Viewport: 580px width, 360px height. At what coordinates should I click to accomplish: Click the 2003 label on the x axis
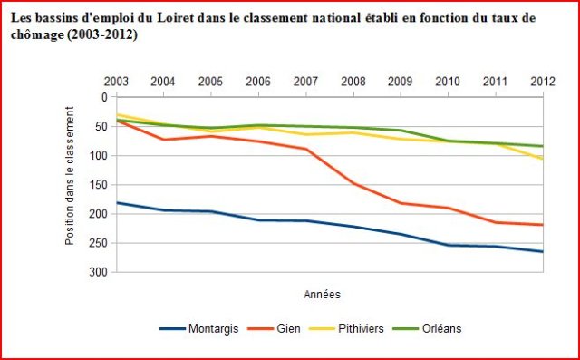click(x=116, y=82)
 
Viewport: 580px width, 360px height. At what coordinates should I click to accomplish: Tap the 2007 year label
click(x=305, y=82)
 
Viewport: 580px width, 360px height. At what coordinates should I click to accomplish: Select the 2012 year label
click(x=543, y=82)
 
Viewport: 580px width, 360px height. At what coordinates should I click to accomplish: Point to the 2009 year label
click(x=401, y=82)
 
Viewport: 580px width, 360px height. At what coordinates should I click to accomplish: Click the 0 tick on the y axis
click(x=104, y=97)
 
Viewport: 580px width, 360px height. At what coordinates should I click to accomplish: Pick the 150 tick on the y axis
click(x=98, y=185)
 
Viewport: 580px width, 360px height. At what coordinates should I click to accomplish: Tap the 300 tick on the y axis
click(x=98, y=273)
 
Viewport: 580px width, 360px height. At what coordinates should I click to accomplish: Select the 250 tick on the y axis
click(x=98, y=243)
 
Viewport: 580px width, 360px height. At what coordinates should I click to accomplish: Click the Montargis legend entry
click(x=199, y=328)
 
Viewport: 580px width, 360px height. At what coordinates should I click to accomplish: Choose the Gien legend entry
click(x=274, y=328)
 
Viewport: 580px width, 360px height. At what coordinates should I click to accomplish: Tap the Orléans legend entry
click(x=427, y=328)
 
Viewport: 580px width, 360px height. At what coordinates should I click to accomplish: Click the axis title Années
click(x=322, y=295)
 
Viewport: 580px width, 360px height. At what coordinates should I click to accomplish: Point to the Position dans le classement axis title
click(x=70, y=176)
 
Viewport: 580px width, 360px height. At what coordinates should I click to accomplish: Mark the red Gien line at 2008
click(x=353, y=183)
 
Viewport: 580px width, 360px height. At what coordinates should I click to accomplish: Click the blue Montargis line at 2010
click(x=448, y=245)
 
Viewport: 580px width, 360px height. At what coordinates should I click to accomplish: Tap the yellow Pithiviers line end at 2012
click(x=542, y=159)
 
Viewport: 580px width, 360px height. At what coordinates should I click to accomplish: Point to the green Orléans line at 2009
click(x=401, y=131)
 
